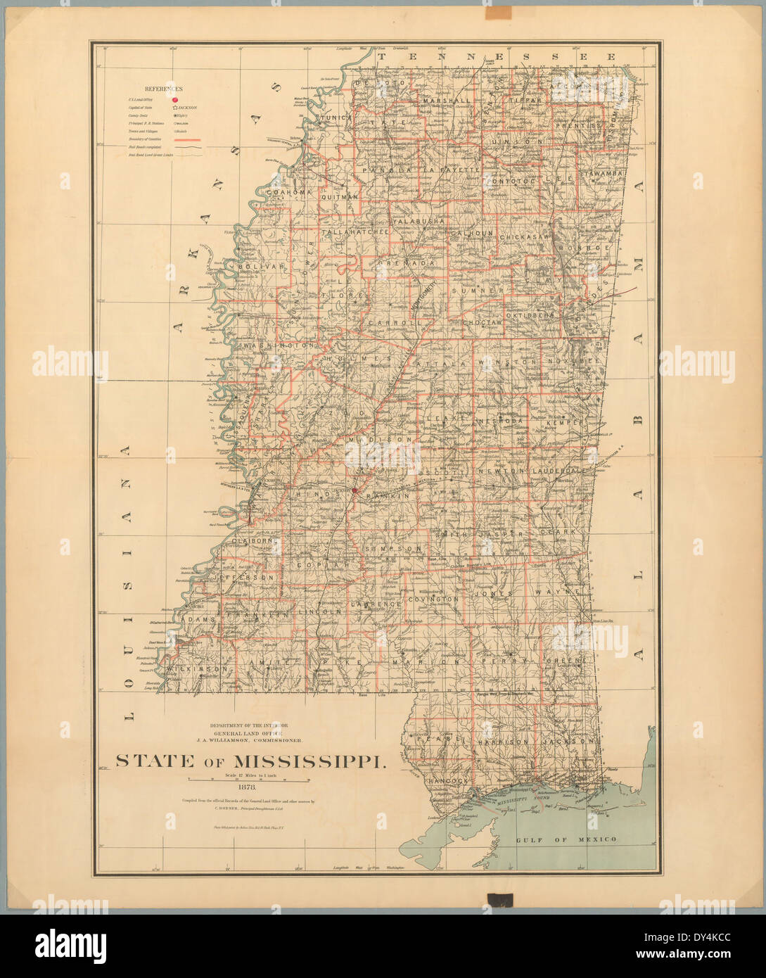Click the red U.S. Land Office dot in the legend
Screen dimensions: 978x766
point(174,100)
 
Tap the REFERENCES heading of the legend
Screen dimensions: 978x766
point(163,89)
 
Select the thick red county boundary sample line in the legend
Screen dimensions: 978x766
point(184,140)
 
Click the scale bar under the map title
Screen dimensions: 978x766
point(250,780)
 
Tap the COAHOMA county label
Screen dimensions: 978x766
point(281,192)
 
